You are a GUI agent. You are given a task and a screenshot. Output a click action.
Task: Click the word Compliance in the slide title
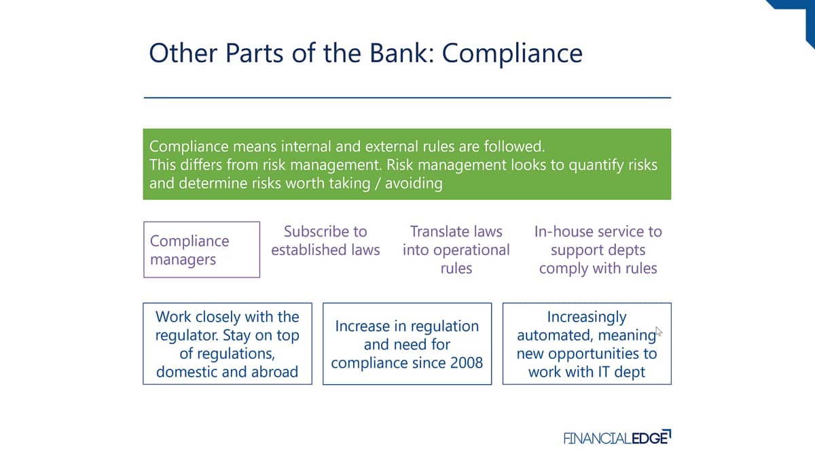512,53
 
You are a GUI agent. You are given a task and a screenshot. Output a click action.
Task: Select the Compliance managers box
202,250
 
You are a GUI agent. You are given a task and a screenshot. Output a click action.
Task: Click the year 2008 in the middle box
467,363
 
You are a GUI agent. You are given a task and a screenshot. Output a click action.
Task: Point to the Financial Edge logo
617,437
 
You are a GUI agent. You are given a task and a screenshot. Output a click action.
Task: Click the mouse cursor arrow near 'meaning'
659,332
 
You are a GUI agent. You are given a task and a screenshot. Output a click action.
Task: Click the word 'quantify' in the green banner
596,166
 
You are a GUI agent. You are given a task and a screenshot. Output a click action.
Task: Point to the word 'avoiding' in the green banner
414,183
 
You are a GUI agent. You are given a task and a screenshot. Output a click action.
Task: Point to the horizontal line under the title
407,98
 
